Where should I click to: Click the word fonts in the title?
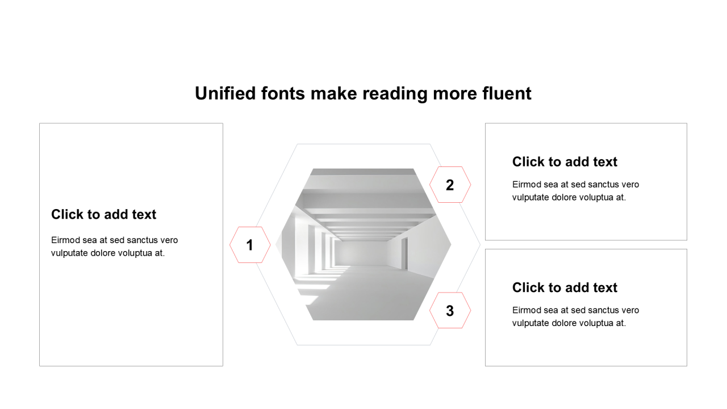[x=283, y=94]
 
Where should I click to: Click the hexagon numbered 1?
[x=250, y=245]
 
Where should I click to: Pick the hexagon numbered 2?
[x=450, y=185]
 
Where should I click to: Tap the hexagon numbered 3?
[x=450, y=310]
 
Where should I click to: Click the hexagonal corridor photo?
[x=363, y=244]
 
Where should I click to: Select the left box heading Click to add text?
[x=103, y=214]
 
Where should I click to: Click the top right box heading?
[x=565, y=162]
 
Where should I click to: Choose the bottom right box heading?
[x=565, y=287]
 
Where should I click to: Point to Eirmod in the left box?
[x=65, y=240]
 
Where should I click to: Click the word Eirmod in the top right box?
[x=527, y=185]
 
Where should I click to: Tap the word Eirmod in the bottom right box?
[x=527, y=310]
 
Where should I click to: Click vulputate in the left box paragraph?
[x=69, y=253]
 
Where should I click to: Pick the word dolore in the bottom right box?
[x=567, y=323]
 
